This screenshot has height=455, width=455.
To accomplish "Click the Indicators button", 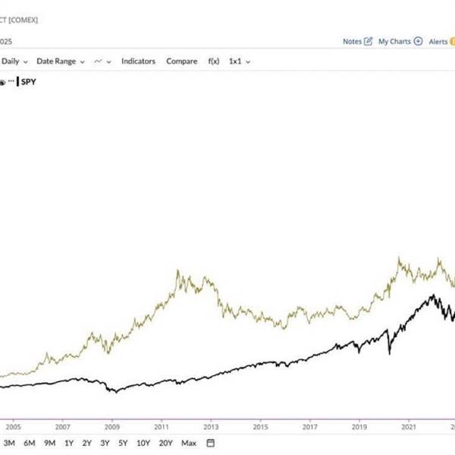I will pos(138,61).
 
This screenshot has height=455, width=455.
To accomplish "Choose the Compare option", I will pos(182,61).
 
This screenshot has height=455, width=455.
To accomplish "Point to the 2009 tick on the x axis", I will pos(112,427).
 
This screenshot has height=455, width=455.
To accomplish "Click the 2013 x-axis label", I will pos(211,427).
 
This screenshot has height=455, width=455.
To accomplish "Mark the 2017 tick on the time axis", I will pos(309,427).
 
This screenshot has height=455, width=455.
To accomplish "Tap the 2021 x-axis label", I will pos(409,427).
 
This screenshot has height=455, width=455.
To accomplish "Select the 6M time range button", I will pos(30,443).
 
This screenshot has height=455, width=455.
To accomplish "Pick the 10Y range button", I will pos(143,443).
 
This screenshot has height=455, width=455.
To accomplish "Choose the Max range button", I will pos(189,443).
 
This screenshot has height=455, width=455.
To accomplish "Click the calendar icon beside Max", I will pos(211,443).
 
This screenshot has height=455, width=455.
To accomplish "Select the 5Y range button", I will pos(123,443).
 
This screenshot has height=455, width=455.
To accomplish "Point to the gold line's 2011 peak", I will pos(178,271).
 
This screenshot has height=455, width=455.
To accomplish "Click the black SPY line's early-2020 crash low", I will pos(390,353).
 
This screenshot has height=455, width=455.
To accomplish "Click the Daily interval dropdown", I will pos(14,61).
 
